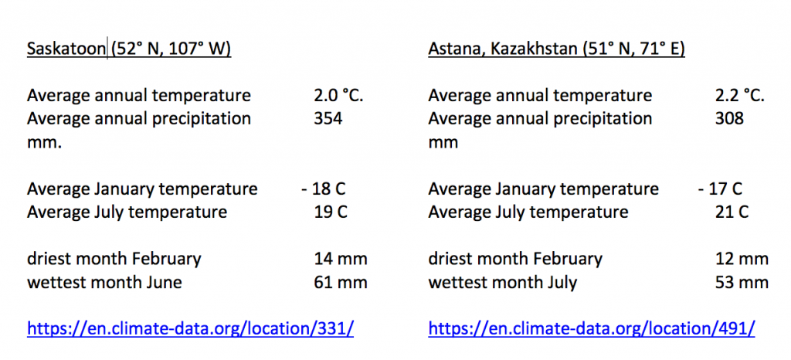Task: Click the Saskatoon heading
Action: click(x=129, y=49)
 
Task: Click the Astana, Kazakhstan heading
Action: click(x=556, y=49)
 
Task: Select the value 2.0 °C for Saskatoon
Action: click(x=338, y=95)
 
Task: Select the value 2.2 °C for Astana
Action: click(x=740, y=95)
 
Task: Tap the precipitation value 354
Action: click(x=328, y=118)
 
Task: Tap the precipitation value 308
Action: click(x=729, y=118)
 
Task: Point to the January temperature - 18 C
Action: click(x=324, y=189)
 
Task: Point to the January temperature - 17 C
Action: click(x=721, y=189)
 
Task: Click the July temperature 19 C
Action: click(x=331, y=212)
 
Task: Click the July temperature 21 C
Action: click(x=732, y=212)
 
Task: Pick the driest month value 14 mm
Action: click(x=341, y=259)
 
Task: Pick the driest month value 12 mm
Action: click(x=742, y=259)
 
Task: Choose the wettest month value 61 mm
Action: click(x=341, y=282)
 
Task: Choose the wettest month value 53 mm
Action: click(x=742, y=282)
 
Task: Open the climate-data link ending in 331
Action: click(x=190, y=329)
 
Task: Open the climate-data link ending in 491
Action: click(x=592, y=329)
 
